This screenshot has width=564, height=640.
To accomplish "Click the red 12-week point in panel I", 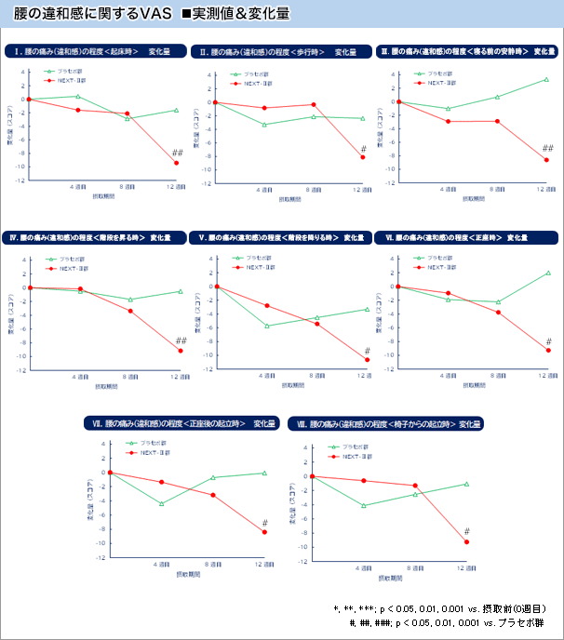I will (176, 164).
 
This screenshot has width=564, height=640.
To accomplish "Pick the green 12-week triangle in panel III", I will (547, 79).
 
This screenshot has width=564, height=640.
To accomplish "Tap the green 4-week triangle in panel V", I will (267, 326).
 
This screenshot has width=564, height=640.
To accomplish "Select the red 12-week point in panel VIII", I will (466, 542).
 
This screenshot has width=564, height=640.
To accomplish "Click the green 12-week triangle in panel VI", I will (548, 273).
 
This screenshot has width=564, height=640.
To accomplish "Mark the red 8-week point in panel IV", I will (130, 311).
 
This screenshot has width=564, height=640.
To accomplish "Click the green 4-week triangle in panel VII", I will (162, 503).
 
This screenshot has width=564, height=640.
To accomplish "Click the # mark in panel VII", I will (265, 522).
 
